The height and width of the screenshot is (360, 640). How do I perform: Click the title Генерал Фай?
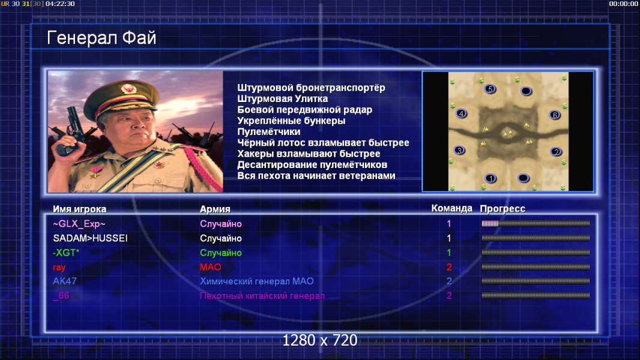[x=101, y=38]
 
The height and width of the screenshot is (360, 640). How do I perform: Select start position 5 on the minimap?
[x=490, y=89]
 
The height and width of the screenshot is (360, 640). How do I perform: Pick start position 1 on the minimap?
[x=491, y=178]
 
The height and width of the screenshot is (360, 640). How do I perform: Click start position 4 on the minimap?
[x=461, y=114]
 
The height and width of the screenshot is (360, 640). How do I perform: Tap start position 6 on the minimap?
[x=555, y=115]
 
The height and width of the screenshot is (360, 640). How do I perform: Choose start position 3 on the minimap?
[x=460, y=151]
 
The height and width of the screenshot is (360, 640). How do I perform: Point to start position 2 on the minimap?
[x=556, y=152]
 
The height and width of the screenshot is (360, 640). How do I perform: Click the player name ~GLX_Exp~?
[x=79, y=224]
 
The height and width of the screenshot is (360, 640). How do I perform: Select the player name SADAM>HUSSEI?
[x=90, y=238]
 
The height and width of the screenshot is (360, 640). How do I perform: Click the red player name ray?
[x=59, y=268]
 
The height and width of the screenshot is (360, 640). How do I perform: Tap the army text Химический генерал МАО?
[x=257, y=281]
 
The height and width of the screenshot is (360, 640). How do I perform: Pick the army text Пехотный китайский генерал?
[x=262, y=296]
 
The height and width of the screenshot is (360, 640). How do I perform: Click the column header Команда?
[x=452, y=208]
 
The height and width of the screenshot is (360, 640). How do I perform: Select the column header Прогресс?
[x=503, y=209]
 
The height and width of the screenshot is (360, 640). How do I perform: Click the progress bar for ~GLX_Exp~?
[x=536, y=223]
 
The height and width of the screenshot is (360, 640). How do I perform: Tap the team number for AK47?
[x=449, y=281]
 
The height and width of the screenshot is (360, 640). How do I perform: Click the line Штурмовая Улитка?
[x=282, y=98]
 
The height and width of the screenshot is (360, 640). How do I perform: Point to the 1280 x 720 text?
[x=320, y=340]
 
